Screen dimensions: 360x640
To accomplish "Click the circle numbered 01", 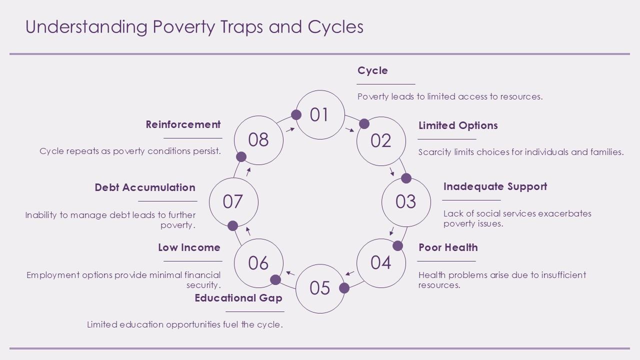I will (319, 114).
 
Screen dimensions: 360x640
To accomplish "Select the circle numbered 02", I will (380, 140).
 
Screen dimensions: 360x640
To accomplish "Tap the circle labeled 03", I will (406, 201).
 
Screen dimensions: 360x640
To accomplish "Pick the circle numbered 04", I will (380, 262).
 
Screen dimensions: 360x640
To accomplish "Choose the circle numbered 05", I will (320, 288).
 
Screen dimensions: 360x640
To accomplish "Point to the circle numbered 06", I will (258, 262).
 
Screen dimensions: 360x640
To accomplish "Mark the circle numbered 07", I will (233, 201).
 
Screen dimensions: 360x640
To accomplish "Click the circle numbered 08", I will (258, 140).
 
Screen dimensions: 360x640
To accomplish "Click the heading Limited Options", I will (458, 125).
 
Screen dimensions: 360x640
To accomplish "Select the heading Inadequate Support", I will (495, 186).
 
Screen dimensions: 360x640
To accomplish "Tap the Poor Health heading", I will (448, 247).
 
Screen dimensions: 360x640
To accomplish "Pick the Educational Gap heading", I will (238, 298).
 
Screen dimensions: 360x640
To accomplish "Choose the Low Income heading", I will (189, 247).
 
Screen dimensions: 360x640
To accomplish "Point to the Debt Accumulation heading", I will (145, 187).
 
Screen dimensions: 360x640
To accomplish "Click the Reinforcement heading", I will (183, 124).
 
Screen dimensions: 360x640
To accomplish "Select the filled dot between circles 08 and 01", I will (296, 115).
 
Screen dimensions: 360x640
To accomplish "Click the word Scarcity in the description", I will (435, 152).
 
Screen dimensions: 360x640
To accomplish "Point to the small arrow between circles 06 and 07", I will (248, 231).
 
